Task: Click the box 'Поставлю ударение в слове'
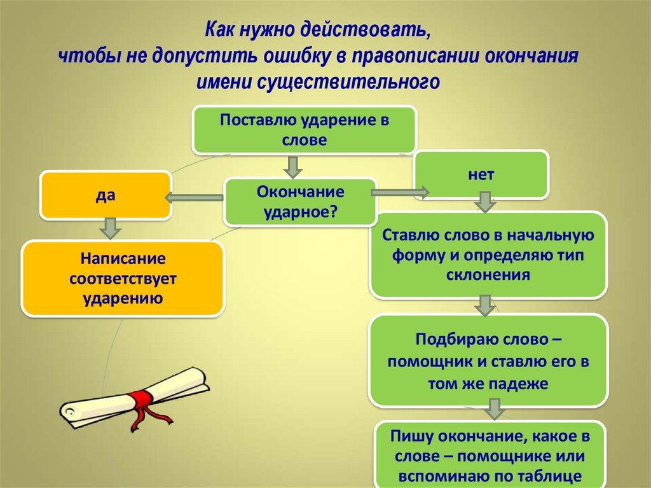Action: (305, 130)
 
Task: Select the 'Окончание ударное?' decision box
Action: (299, 202)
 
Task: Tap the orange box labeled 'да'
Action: (106, 195)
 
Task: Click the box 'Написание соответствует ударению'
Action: (123, 279)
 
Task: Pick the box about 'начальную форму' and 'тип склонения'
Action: (488, 255)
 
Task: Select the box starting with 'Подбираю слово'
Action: (488, 361)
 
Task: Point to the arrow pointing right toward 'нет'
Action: (401, 191)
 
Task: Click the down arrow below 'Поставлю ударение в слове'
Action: (292, 167)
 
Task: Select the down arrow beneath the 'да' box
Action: (109, 227)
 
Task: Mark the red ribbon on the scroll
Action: (143, 401)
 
